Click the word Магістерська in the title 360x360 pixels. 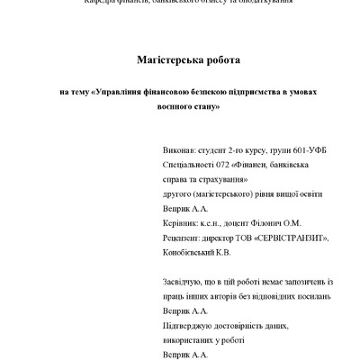click(x=161, y=60)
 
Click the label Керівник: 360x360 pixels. click(x=178, y=222)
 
